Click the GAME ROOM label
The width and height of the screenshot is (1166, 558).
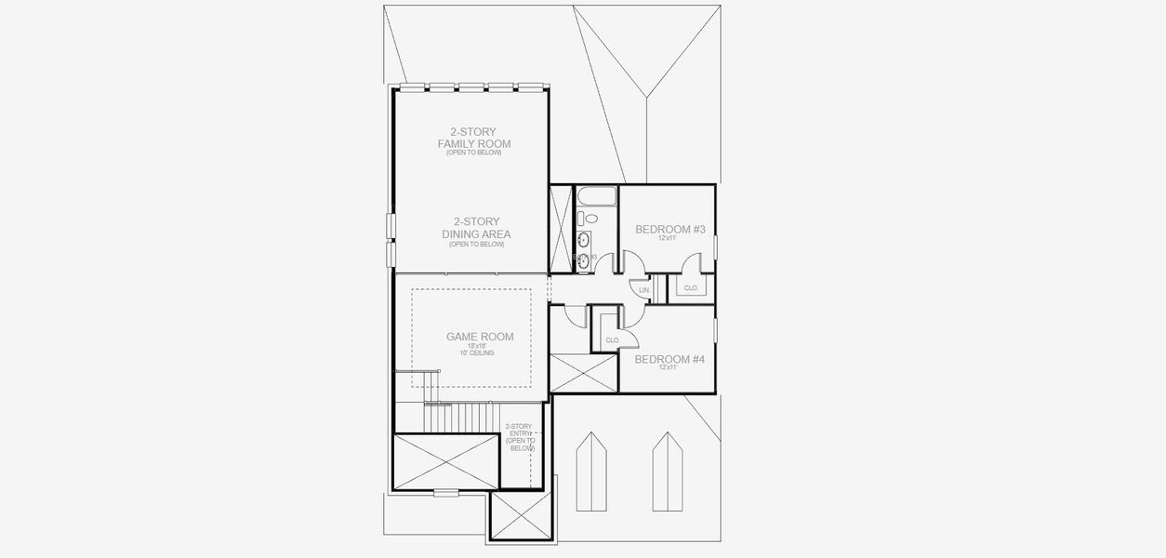pyautogui.click(x=479, y=337)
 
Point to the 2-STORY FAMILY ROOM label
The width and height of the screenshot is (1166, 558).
pyautogui.click(x=474, y=138)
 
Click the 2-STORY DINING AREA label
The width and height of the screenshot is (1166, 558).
pyautogui.click(x=475, y=228)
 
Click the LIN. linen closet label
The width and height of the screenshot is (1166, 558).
pyautogui.click(x=644, y=290)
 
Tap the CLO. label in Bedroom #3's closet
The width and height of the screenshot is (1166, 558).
pyautogui.click(x=691, y=288)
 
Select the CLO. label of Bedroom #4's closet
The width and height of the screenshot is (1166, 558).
pyautogui.click(x=612, y=340)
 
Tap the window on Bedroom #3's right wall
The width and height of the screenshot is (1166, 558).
pyautogui.click(x=715, y=246)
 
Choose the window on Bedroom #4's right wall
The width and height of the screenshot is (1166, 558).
pyautogui.click(x=715, y=329)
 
